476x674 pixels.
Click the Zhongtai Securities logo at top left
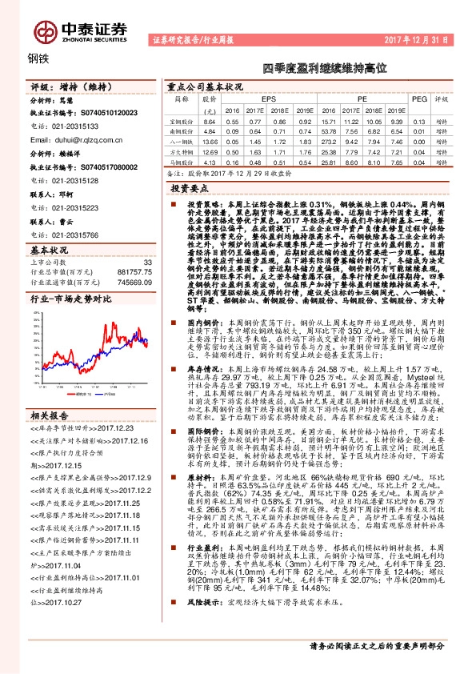point(80,30)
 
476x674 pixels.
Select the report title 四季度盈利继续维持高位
point(318,69)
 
